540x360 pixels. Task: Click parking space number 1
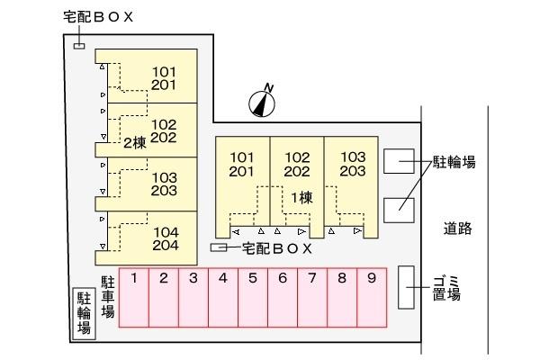pyautogui.click(x=134, y=297)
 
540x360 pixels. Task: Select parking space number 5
pyautogui.click(x=253, y=297)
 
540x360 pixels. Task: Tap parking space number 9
pyautogui.click(x=372, y=297)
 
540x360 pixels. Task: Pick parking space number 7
pyautogui.click(x=312, y=297)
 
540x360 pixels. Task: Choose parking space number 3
pyautogui.click(x=193, y=297)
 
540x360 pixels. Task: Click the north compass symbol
pyautogui.click(x=263, y=101)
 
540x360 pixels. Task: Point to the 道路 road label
pyautogui.click(x=457, y=228)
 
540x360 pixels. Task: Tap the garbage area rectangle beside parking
pyautogui.click(x=407, y=287)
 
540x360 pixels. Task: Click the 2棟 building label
pyautogui.click(x=135, y=143)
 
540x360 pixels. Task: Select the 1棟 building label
pyautogui.click(x=301, y=198)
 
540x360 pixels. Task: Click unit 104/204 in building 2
pyautogui.click(x=166, y=238)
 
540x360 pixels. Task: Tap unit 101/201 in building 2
pyautogui.click(x=164, y=78)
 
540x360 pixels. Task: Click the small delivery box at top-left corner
pyautogui.click(x=79, y=46)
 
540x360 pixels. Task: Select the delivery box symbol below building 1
pyautogui.click(x=219, y=247)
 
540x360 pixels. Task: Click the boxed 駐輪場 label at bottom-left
pyautogui.click(x=84, y=313)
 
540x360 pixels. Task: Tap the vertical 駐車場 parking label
pyautogui.click(x=108, y=296)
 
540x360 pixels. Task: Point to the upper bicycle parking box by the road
pyautogui.click(x=399, y=161)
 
